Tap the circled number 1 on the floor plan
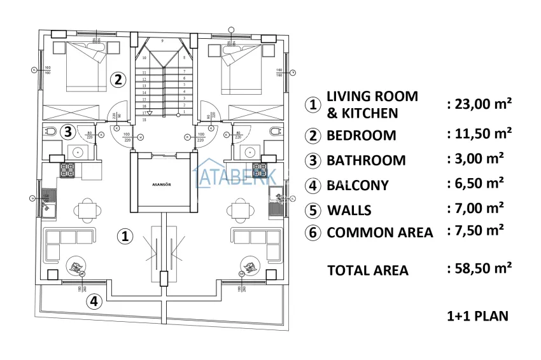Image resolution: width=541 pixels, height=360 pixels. pyautogui.click(x=126, y=237)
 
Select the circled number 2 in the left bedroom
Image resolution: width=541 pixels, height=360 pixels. pyautogui.click(x=117, y=80)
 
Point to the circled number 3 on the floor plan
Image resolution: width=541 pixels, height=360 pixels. pyautogui.click(x=68, y=132)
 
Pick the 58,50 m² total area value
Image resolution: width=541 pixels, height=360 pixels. pyautogui.click(x=481, y=269)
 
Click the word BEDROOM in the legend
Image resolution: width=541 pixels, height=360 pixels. pyautogui.click(x=361, y=135)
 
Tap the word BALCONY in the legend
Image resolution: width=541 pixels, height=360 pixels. pyautogui.click(x=357, y=186)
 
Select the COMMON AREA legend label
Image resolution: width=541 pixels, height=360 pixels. pyautogui.click(x=379, y=233)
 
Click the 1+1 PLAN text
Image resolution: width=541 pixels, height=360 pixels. pyautogui.click(x=478, y=315)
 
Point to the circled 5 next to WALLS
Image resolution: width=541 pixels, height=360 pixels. pyautogui.click(x=312, y=210)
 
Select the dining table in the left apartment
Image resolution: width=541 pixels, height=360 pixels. pyautogui.click(x=85, y=209)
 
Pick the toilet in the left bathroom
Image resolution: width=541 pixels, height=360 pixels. pyautogui.click(x=50, y=132)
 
